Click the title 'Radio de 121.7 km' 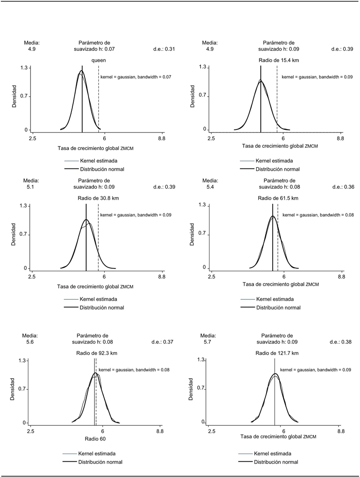[277, 353]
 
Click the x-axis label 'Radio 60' [95, 439]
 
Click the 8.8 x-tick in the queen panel [161, 140]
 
